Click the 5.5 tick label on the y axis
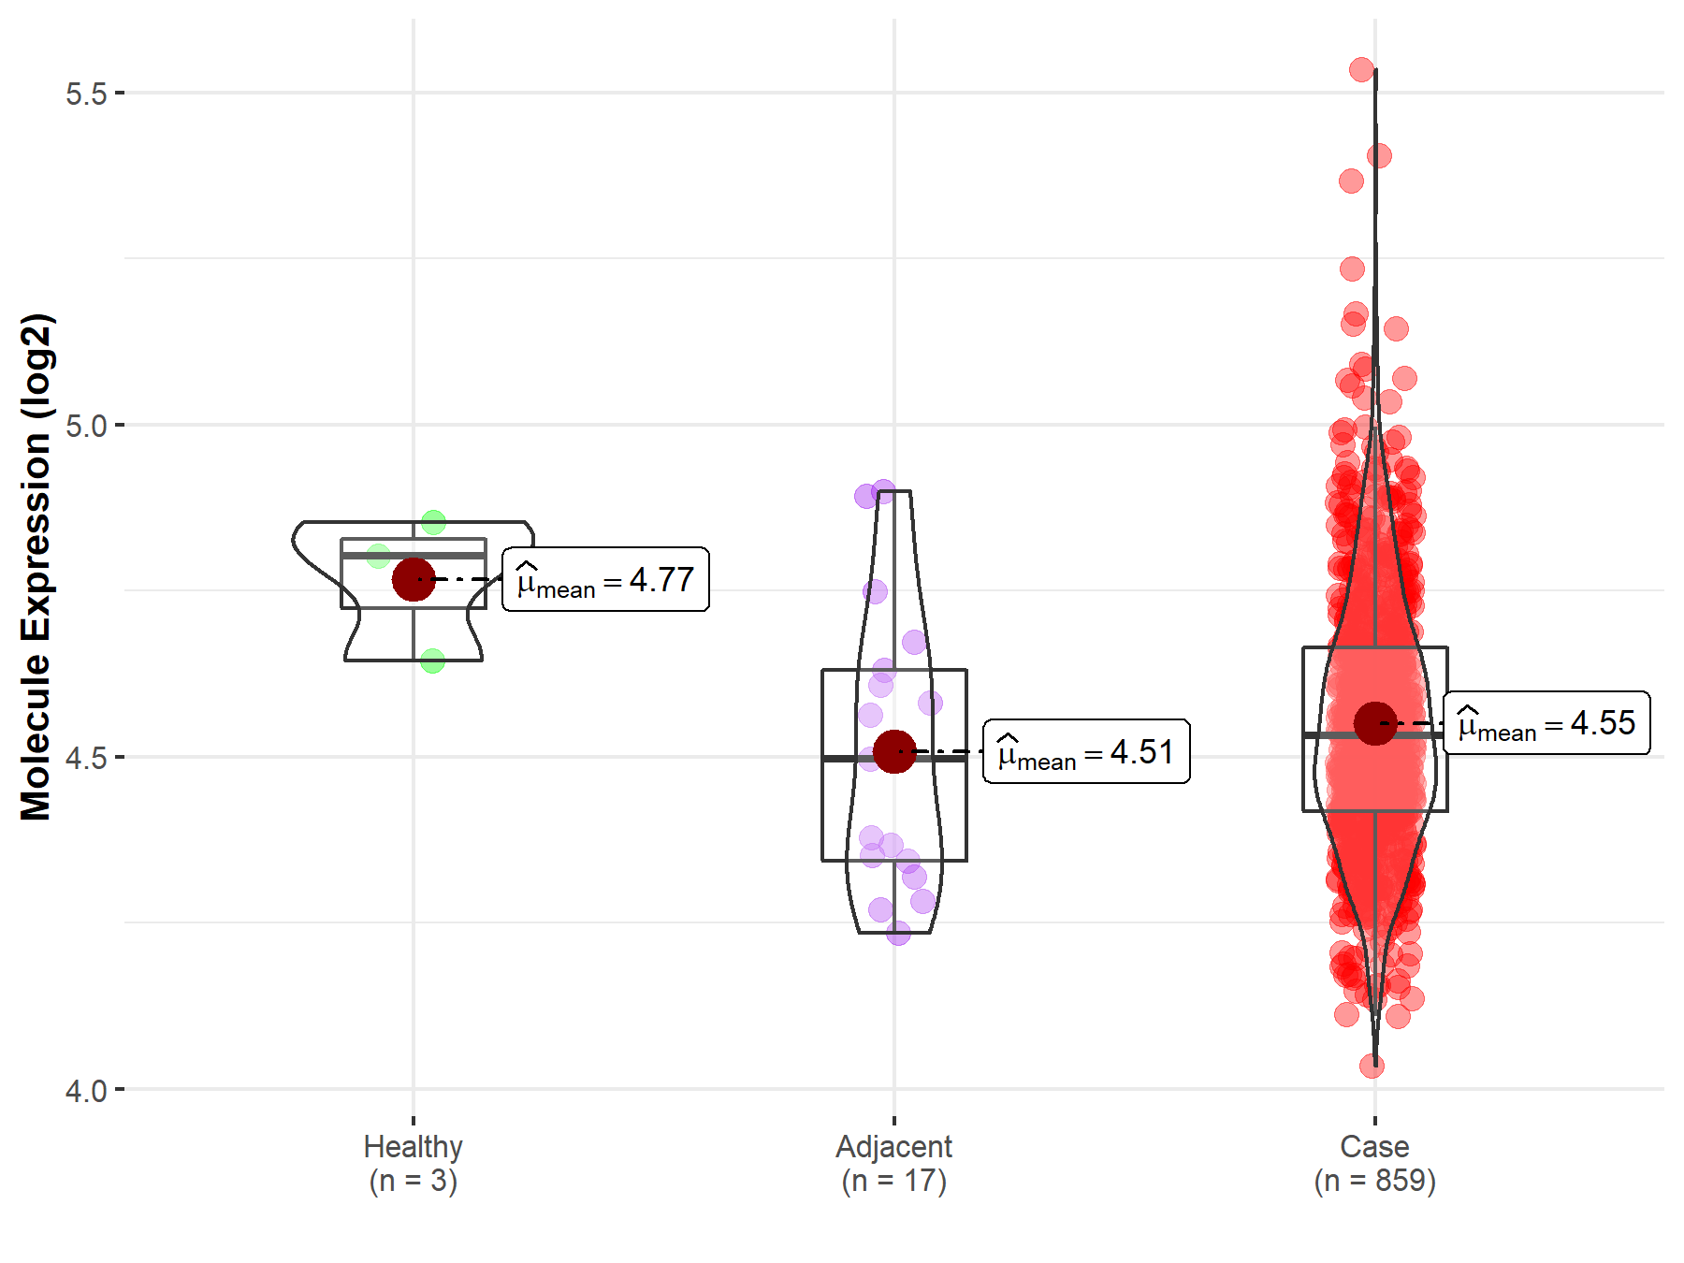click(x=86, y=94)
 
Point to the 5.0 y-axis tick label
click(x=86, y=426)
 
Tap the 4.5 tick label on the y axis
click(x=86, y=758)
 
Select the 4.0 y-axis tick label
click(x=86, y=1090)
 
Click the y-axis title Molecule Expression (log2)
click(x=36, y=567)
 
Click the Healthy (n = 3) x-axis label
click(x=413, y=1163)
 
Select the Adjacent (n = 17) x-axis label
click(x=893, y=1163)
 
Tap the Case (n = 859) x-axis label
click(x=1374, y=1163)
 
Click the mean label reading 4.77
click(x=605, y=580)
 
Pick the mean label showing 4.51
click(x=1086, y=752)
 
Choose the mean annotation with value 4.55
click(x=1546, y=723)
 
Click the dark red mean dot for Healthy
click(x=413, y=579)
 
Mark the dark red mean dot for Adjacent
click(x=894, y=752)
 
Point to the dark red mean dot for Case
click(x=1375, y=723)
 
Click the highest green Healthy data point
click(x=433, y=522)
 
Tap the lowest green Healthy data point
click(x=432, y=661)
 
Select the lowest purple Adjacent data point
click(x=898, y=932)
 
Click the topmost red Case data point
click(x=1361, y=69)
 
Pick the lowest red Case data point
click(x=1372, y=1066)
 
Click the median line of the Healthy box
click(x=413, y=556)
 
